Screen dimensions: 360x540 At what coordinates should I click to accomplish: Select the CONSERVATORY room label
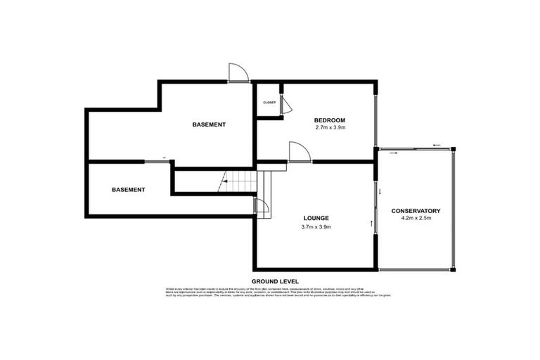[x=416, y=211]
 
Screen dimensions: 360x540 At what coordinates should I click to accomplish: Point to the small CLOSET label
[x=269, y=103]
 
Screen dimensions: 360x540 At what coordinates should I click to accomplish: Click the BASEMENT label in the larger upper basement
[x=209, y=124]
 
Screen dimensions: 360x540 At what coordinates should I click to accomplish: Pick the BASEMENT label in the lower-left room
[x=128, y=190]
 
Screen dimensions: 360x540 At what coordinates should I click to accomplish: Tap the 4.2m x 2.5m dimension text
[x=416, y=219]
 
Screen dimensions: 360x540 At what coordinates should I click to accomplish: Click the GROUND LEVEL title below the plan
[x=274, y=280]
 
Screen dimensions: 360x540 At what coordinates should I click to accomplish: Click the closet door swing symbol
[x=285, y=103]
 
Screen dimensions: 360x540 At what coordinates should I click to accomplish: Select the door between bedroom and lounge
[x=298, y=153]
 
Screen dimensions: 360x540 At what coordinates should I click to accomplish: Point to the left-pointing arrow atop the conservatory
[x=437, y=146]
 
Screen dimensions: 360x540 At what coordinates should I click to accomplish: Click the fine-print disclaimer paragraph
[x=274, y=292]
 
